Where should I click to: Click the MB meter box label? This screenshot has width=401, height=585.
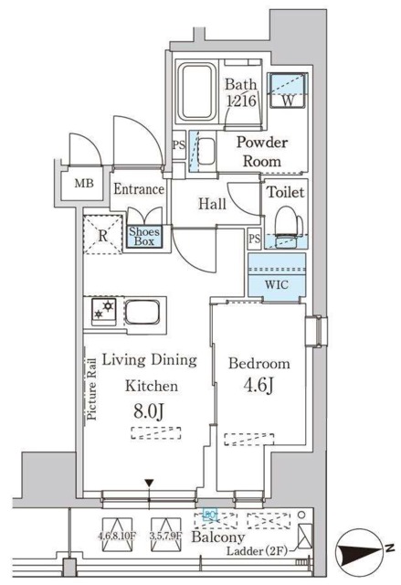coord(84,183)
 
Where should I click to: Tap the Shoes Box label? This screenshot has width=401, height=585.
coord(144,238)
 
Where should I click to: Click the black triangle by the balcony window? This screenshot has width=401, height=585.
coord(149,483)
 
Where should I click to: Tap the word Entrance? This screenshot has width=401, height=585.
coord(138,190)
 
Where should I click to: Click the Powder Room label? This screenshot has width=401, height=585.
coord(263,151)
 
